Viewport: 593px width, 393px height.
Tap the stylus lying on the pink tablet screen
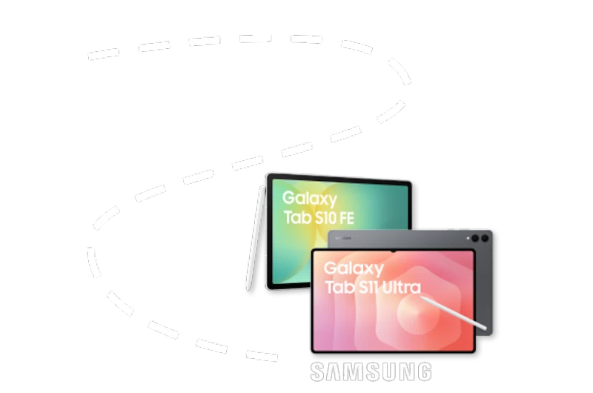pos(452,312)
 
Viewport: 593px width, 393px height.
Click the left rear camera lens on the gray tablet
pos(474,239)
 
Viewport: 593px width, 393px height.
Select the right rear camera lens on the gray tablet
pos(485,239)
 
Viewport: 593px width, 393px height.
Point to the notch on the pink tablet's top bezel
pos(394,251)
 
